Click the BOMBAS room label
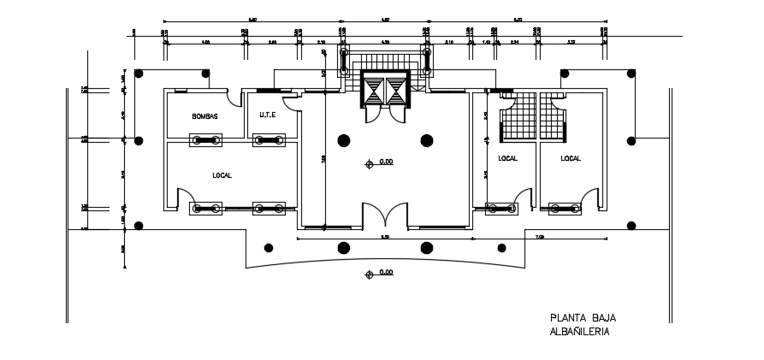coord(205,116)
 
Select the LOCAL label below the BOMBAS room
coord(222,175)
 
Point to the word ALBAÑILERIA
coord(580,332)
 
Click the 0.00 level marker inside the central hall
coord(385,162)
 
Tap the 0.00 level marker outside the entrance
coord(385,274)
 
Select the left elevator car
coord(375,90)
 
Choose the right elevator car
coord(396,90)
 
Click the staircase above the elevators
coord(385,62)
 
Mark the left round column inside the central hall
coord(344,141)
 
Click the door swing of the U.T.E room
coord(292,103)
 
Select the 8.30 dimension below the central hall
coord(385,237)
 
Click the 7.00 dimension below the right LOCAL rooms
coord(539,236)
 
